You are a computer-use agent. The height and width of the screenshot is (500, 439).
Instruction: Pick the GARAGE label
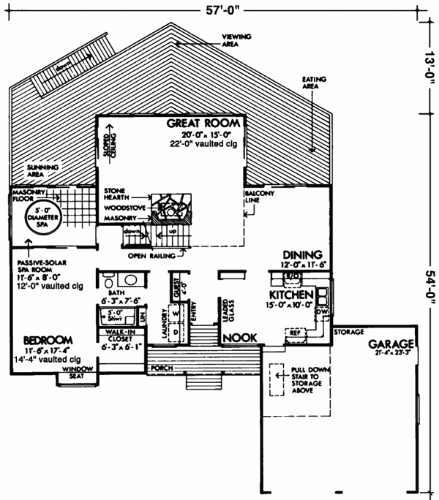click(392, 344)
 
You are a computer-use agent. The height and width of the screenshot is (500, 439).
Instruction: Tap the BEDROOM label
click(47, 341)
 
